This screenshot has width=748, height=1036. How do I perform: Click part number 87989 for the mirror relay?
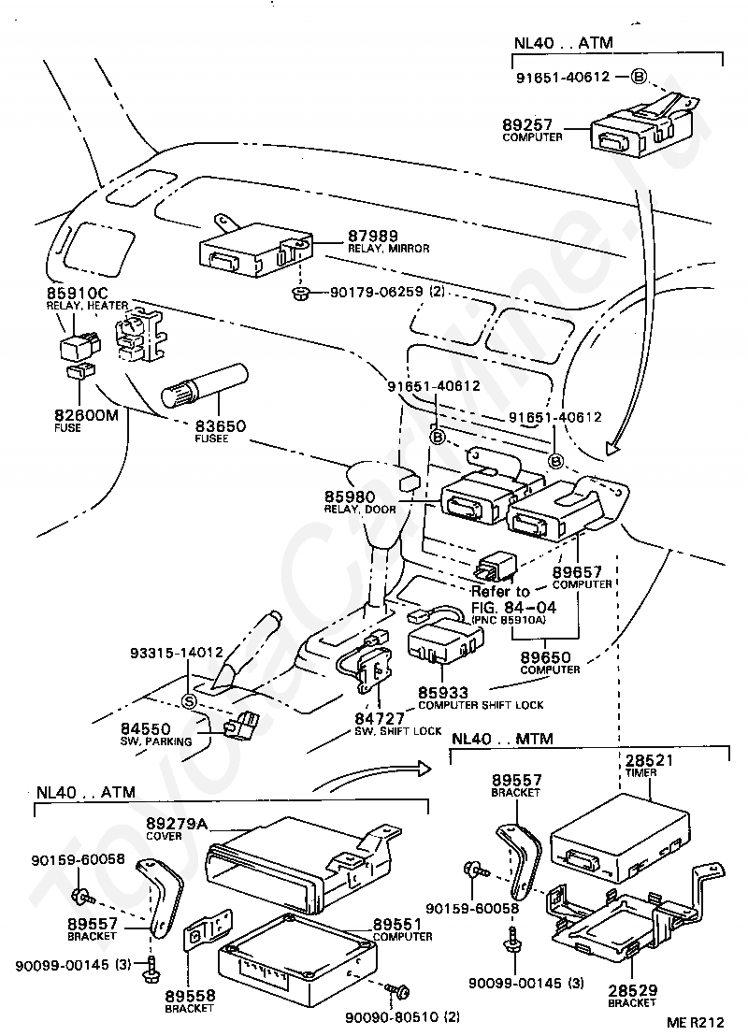tap(373, 237)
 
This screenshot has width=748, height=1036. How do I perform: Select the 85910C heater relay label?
tap(78, 294)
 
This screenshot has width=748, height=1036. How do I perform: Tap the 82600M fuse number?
tap(87, 415)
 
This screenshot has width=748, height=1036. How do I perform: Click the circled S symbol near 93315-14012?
tap(189, 701)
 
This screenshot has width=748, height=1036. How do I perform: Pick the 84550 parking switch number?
tap(145, 728)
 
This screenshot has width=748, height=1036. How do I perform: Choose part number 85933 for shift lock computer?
tap(442, 693)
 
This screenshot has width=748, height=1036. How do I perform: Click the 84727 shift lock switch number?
tap(380, 718)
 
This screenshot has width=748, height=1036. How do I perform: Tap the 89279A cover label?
tap(177, 823)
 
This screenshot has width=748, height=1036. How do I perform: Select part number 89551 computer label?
tap(397, 924)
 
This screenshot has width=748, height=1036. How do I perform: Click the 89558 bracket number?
tap(190, 996)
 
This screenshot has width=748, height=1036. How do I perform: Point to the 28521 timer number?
tap(649, 760)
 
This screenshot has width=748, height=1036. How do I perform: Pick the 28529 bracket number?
tap(632, 990)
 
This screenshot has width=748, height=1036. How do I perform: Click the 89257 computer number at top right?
tap(526, 124)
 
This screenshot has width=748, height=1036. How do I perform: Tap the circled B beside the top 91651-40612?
tap(638, 77)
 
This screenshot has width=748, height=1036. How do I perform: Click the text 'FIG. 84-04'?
tap(513, 607)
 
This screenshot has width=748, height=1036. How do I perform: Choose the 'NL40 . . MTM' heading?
tap(501, 738)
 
